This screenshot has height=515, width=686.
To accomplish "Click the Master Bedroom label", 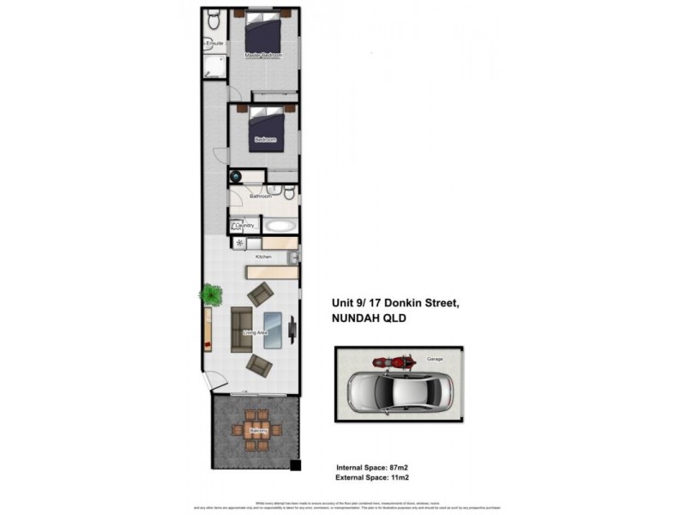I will (263, 56).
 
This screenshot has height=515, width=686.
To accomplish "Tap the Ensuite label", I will (214, 43).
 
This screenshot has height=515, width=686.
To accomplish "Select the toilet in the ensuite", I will (214, 18).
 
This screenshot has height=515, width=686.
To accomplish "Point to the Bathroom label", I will (261, 197).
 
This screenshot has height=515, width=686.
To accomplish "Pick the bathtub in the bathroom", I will (280, 226).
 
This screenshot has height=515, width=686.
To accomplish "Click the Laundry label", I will (244, 226).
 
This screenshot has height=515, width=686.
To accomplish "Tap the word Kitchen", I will (263, 257).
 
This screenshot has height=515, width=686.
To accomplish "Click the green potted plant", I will (211, 295).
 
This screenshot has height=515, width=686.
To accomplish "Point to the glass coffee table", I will (274, 330).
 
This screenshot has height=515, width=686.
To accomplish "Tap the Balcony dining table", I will (256, 430).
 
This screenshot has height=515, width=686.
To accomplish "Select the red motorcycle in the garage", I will (394, 362).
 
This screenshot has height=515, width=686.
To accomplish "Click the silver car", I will (400, 392).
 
